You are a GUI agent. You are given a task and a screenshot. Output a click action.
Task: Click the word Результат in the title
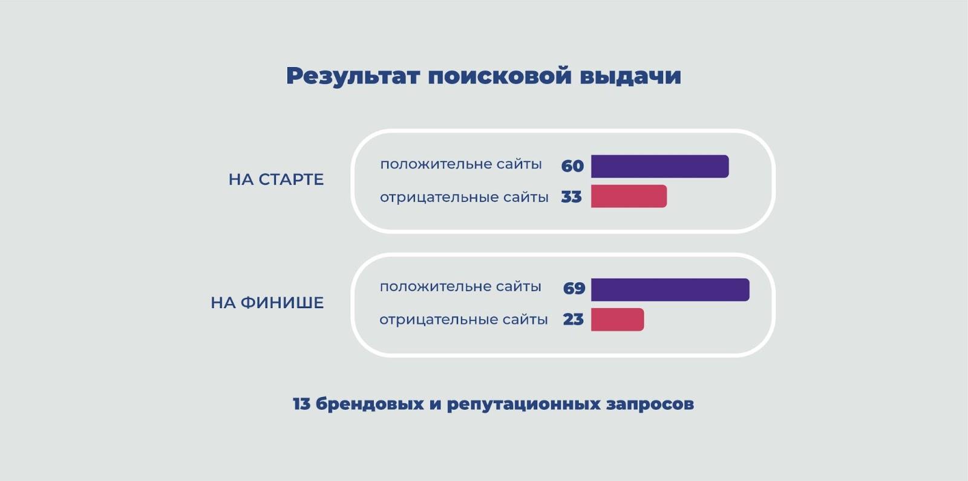(353, 77)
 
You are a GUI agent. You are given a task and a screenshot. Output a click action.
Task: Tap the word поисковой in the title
(500, 76)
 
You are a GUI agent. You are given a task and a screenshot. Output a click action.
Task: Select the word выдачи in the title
(630, 76)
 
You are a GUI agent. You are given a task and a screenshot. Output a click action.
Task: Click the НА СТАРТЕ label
(276, 179)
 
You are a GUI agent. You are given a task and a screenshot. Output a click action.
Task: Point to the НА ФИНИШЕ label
(267, 303)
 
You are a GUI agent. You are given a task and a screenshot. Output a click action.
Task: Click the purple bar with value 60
(660, 166)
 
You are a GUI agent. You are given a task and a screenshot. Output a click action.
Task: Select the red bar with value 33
(629, 196)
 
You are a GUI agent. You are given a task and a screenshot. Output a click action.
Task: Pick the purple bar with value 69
(670, 289)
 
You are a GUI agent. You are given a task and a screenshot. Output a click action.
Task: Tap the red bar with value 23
(618, 320)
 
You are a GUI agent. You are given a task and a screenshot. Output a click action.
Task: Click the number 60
(572, 166)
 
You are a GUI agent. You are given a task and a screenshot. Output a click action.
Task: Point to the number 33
(571, 197)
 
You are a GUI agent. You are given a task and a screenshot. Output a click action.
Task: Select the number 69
(574, 288)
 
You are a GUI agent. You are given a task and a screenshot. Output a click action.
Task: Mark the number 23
(574, 320)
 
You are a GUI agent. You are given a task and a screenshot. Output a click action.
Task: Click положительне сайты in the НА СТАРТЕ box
(461, 164)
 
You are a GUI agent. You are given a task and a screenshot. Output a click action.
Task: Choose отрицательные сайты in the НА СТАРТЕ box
(464, 198)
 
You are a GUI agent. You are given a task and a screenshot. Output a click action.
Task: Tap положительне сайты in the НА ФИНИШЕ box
(460, 286)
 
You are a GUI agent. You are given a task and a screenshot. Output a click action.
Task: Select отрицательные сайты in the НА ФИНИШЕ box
(463, 320)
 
